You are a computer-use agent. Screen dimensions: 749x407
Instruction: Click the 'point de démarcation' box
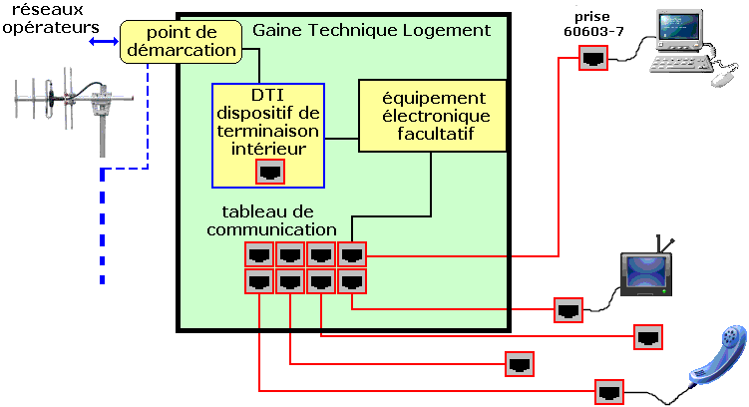tap(181, 42)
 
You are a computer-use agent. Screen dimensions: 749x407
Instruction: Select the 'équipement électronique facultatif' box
tap(432, 116)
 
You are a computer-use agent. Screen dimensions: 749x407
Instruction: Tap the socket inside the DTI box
tap(270, 172)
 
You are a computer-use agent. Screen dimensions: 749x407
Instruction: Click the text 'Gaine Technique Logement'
tap(371, 30)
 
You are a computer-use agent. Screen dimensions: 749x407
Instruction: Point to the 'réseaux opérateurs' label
tap(50, 19)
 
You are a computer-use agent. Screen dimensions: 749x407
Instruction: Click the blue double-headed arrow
tap(104, 42)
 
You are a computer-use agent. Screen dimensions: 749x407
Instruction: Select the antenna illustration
tap(74, 111)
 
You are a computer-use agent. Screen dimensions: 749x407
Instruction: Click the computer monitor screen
tap(678, 27)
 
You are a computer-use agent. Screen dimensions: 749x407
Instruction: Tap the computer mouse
tap(724, 79)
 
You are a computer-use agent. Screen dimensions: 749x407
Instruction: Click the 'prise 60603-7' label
tap(593, 24)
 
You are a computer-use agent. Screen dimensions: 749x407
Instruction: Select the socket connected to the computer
tap(593, 58)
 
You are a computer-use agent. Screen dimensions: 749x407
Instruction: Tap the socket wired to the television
tap(568, 310)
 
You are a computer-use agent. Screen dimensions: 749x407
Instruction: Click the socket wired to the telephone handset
tap(609, 392)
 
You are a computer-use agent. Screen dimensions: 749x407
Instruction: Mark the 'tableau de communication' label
tap(272, 220)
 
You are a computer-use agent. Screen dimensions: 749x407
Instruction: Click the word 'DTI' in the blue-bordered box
tap(267, 95)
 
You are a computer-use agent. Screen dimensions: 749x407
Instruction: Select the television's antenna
tap(664, 244)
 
